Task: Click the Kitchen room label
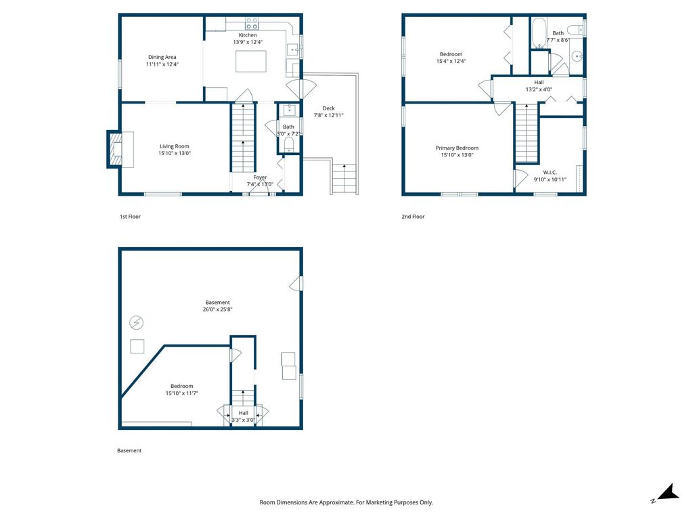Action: [248, 35]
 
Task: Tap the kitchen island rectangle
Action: [250, 61]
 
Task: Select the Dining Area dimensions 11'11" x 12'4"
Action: [162, 64]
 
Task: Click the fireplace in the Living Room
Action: [118, 150]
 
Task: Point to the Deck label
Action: [328, 108]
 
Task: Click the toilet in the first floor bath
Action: [288, 145]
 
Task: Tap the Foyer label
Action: [260, 177]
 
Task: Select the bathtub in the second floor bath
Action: [539, 32]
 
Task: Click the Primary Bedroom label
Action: [457, 148]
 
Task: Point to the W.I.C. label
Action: [550, 173]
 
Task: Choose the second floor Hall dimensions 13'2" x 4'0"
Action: [539, 89]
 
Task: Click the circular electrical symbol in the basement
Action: [136, 323]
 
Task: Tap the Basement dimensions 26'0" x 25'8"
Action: [217, 309]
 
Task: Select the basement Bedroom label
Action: [181, 386]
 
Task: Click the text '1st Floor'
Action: [130, 217]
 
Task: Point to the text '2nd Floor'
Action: [413, 217]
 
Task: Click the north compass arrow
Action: [668, 493]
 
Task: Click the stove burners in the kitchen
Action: [252, 24]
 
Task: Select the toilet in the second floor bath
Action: [575, 30]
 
